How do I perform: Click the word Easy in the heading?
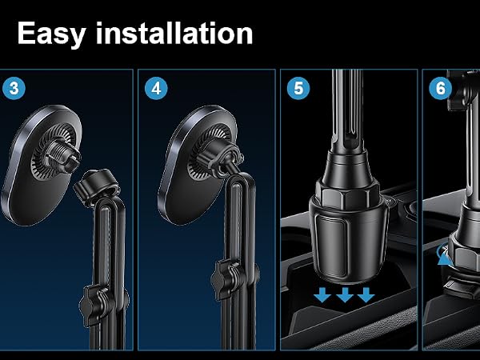click(51, 34)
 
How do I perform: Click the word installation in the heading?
click(174, 34)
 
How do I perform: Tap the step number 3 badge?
click(14, 89)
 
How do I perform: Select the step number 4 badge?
click(156, 89)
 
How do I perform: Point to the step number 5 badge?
click(298, 89)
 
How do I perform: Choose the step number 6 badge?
click(440, 89)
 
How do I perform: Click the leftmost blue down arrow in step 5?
click(322, 294)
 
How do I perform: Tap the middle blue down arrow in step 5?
click(345, 294)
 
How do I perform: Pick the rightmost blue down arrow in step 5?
click(366, 294)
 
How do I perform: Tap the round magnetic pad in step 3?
click(42, 166)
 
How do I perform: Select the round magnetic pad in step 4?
click(198, 166)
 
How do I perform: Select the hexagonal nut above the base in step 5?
click(347, 193)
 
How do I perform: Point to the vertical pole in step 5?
click(347, 111)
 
